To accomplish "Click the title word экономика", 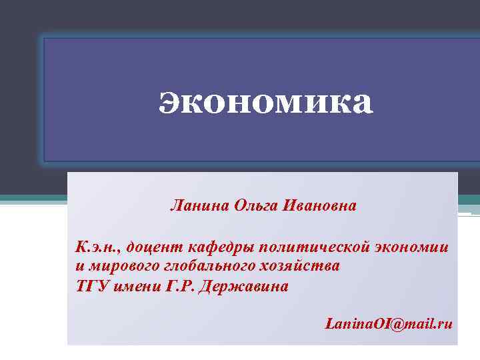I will [x=266, y=103].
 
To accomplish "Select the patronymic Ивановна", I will [x=320, y=205].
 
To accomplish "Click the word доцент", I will [x=155, y=248].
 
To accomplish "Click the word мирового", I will [x=117, y=266].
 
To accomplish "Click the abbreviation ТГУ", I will [x=90, y=286].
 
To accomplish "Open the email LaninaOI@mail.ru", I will [x=388, y=324].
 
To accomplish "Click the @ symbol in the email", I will [x=389, y=325].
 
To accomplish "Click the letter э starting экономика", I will [x=169, y=104].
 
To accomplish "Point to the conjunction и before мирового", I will [x=79, y=267].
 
